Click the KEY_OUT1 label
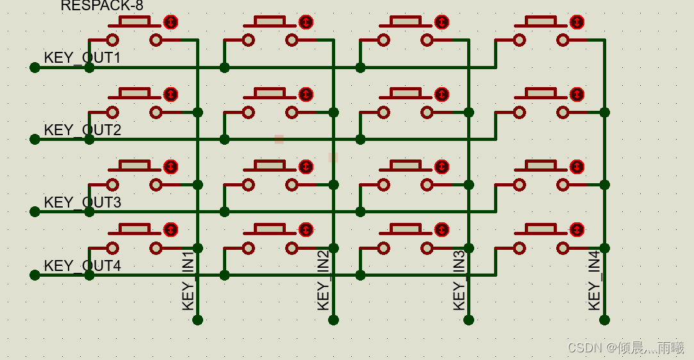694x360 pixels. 82,58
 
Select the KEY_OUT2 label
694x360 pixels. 82,130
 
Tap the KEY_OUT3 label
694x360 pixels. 82,202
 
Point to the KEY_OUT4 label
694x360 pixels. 82,265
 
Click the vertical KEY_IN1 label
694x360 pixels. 188,281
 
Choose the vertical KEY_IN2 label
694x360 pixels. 324,281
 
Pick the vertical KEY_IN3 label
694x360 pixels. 459,281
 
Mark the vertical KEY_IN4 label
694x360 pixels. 595,281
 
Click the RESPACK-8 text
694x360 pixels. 102,6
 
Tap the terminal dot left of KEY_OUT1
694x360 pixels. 35,67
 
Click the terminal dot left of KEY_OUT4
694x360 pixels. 35,275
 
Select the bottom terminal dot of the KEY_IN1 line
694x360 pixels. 197,320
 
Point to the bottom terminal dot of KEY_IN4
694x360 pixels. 604,320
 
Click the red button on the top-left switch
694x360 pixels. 170,22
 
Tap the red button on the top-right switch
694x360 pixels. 577,22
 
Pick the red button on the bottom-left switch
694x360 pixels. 170,229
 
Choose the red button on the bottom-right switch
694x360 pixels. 577,229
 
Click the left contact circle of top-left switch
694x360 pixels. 113,40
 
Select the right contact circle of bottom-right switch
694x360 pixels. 563,248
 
